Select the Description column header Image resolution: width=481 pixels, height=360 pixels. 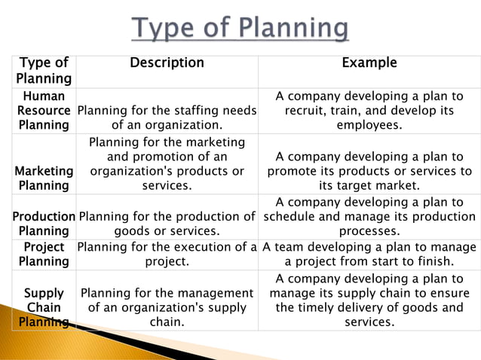167,63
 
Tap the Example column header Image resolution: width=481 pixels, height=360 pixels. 369,63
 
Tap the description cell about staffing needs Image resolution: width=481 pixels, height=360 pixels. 167,117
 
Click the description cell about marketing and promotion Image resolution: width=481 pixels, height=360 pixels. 167,163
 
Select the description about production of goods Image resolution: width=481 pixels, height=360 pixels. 167,224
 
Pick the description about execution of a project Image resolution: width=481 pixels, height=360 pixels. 167,254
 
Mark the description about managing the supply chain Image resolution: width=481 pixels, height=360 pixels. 167,307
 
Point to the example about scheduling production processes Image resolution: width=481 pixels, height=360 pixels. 369,217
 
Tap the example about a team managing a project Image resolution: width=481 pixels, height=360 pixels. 369,254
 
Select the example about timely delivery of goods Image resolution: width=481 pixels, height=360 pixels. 369,300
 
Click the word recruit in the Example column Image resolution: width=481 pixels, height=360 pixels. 304,111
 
